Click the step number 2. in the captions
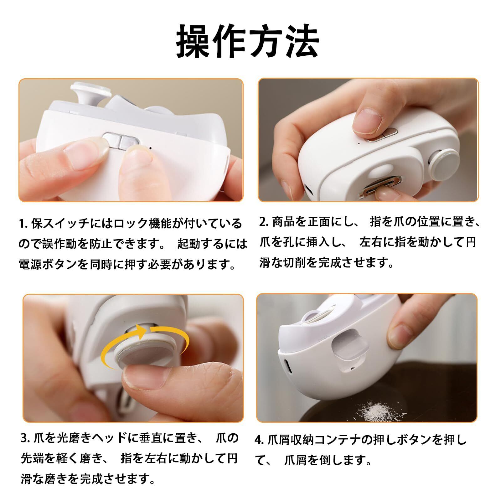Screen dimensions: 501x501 [x=264, y=222]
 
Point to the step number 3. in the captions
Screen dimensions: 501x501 [x=25, y=439]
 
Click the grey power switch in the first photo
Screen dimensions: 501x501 [x=121, y=141]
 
